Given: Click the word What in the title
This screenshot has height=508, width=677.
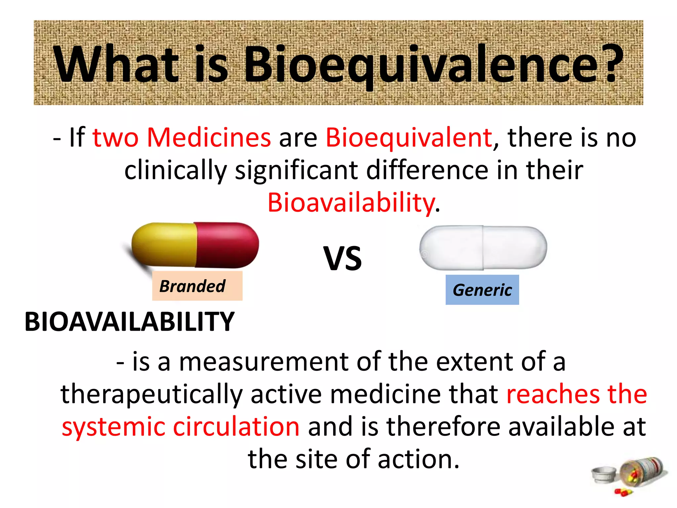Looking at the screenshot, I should [x=117, y=64].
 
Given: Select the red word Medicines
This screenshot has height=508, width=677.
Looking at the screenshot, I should [x=209, y=137].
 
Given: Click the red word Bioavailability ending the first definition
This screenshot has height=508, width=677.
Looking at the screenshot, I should [x=351, y=203].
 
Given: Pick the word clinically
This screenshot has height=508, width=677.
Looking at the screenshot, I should [x=176, y=171].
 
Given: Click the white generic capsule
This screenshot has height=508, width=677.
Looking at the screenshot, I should [x=483, y=248].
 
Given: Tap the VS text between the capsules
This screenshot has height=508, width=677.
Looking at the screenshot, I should [x=342, y=258].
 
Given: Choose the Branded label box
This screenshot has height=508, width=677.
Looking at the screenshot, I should [x=197, y=286].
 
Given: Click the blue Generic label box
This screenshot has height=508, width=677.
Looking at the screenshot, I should [x=482, y=290].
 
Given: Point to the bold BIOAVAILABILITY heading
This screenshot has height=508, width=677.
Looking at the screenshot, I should [x=129, y=322].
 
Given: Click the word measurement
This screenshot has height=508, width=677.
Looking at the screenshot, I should [x=263, y=362].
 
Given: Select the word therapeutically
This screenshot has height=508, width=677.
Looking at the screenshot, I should [x=151, y=394].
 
